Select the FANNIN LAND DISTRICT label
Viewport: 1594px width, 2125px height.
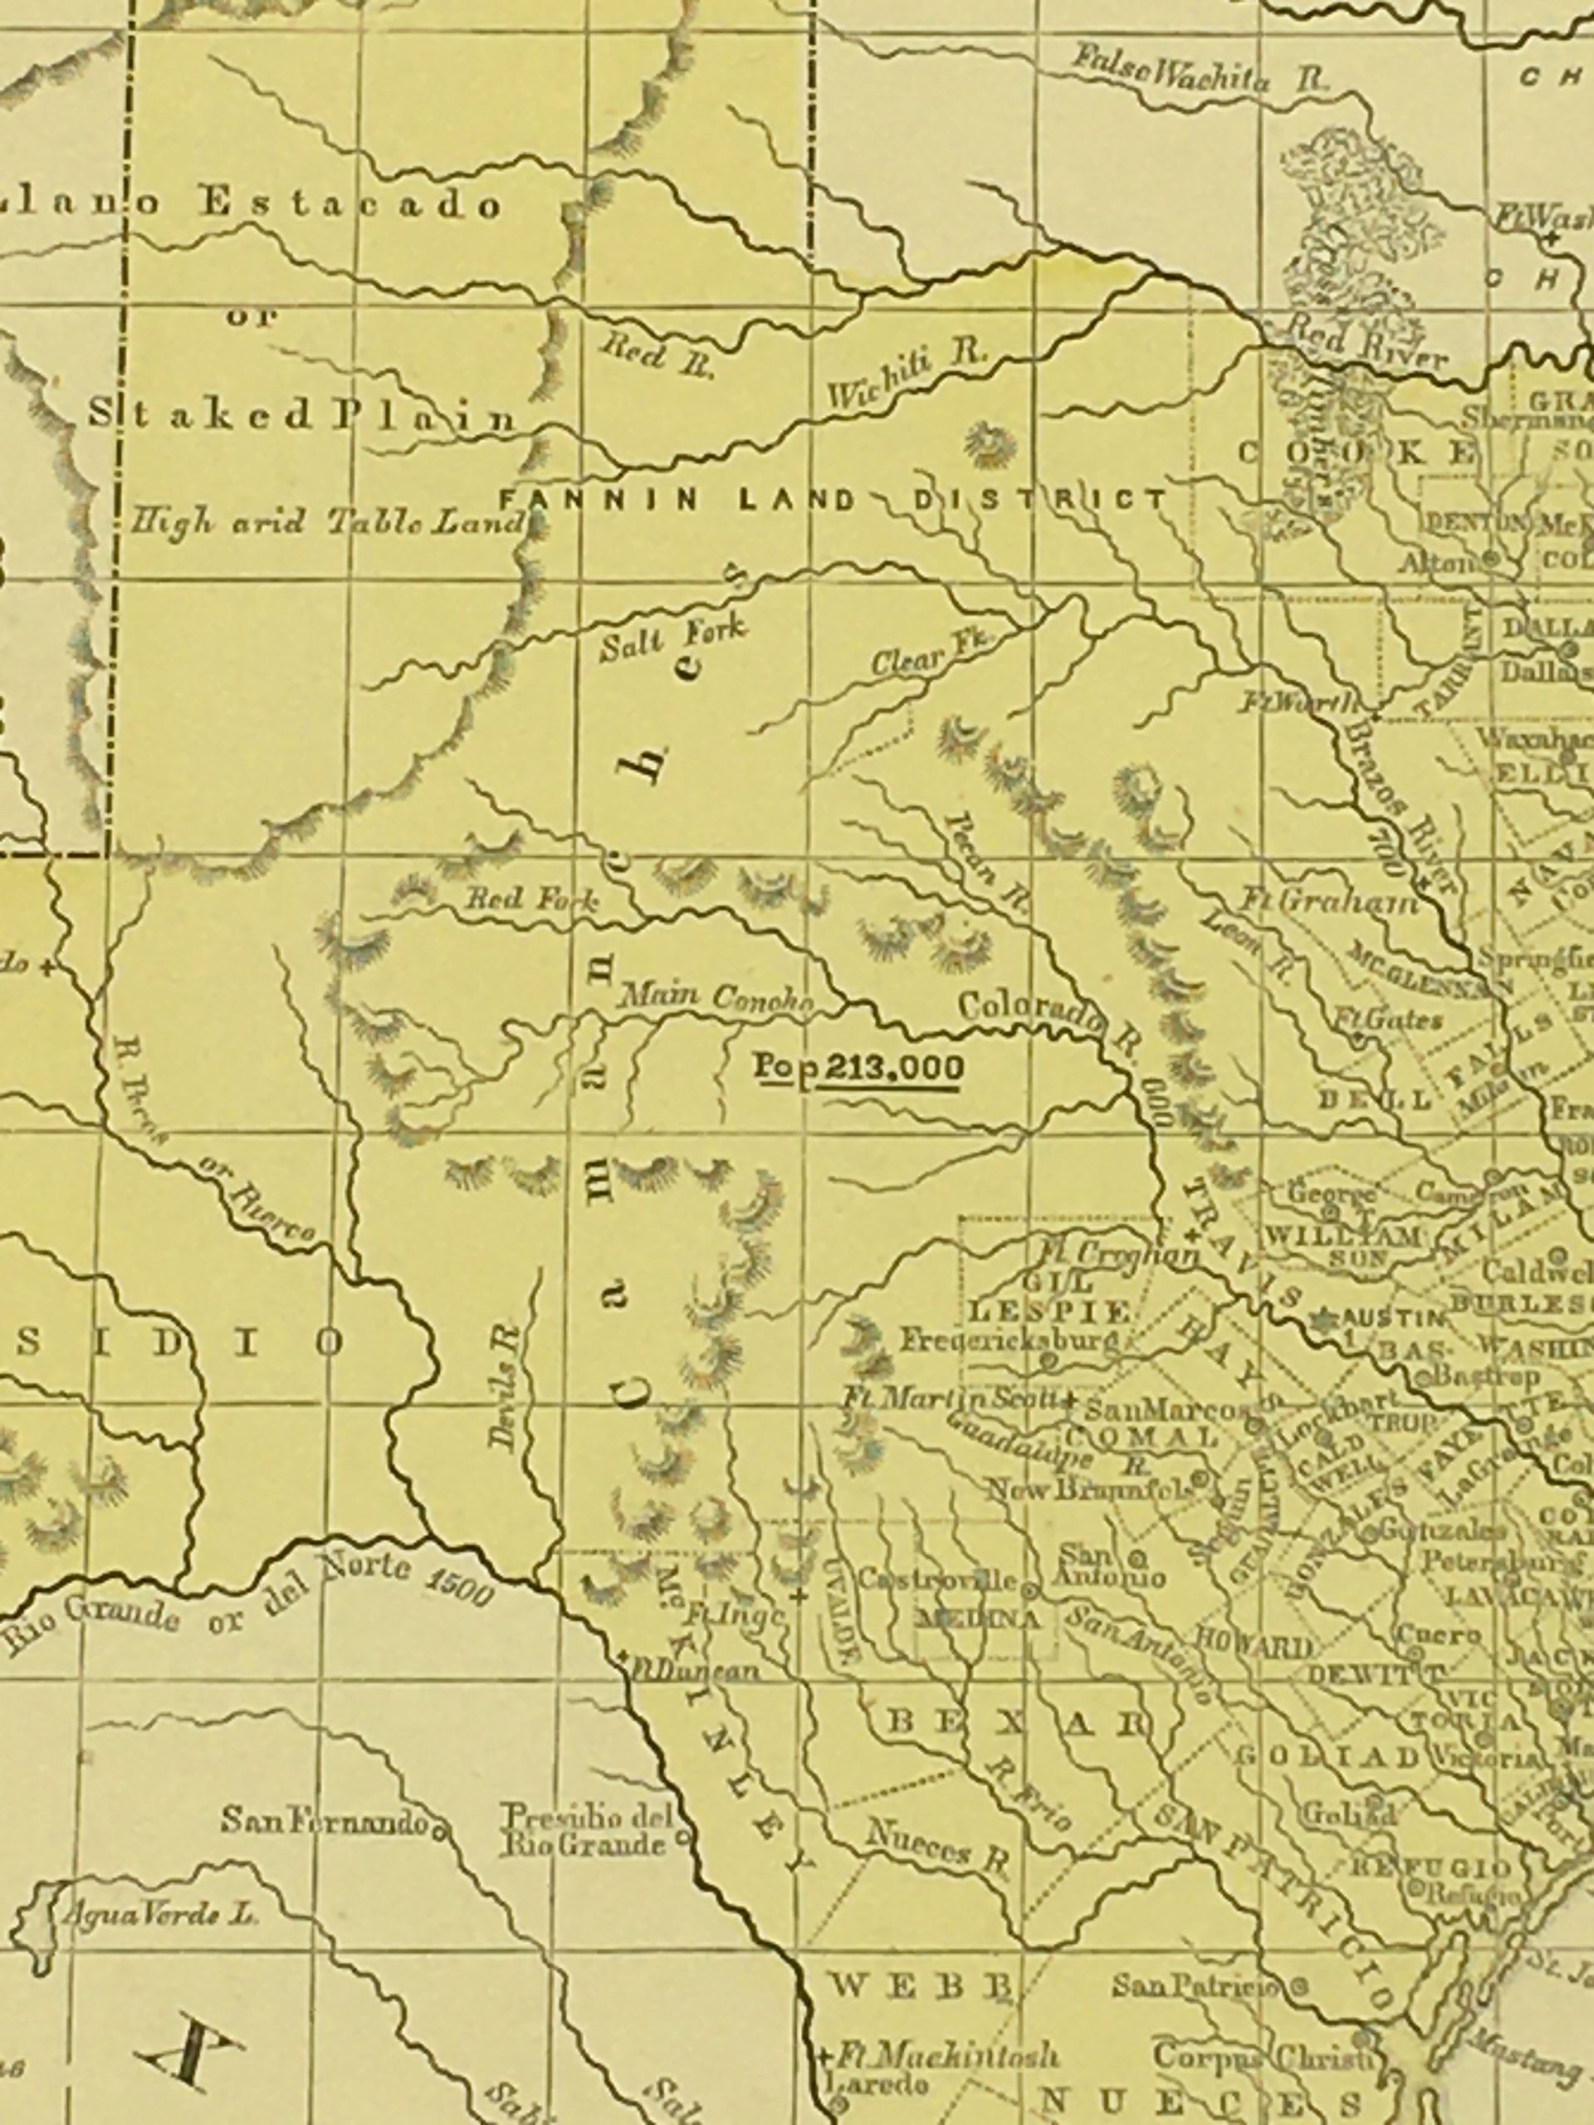point(833,500)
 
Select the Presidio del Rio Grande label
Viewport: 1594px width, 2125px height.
point(586,1831)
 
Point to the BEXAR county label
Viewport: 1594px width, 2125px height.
point(1018,1722)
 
